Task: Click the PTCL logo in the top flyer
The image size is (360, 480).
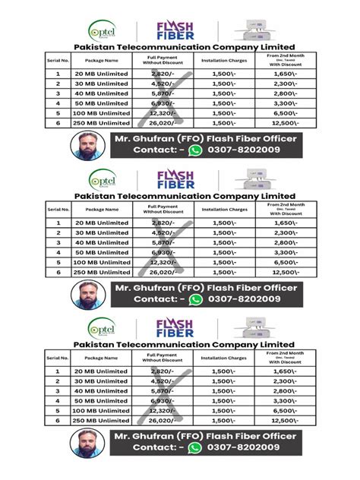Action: point(102,30)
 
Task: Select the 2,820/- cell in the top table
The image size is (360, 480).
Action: point(163,74)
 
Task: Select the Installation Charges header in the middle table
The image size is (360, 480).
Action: point(224,208)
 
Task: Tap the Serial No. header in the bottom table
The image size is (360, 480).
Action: point(58,357)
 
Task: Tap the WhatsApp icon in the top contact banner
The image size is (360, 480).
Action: point(196,151)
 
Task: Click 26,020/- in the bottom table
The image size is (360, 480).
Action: point(163,420)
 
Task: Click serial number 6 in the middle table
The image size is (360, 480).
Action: point(58,271)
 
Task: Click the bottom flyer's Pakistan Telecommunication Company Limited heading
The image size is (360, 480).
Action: point(180,344)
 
